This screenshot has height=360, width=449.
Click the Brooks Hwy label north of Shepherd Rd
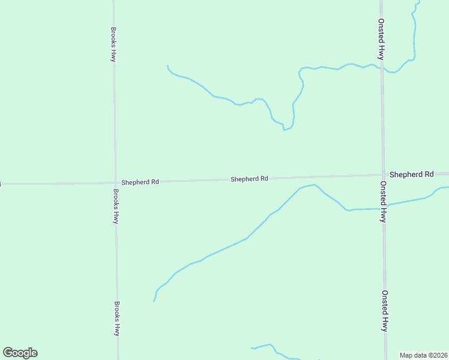pyautogui.click(x=113, y=44)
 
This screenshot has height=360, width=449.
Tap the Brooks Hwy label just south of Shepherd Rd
pyautogui.click(x=115, y=206)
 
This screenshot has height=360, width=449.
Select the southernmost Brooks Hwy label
pyautogui.click(x=118, y=318)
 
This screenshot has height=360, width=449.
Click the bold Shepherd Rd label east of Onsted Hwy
pyautogui.click(x=411, y=174)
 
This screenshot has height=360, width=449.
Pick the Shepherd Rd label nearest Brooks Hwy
pyautogui.click(x=140, y=182)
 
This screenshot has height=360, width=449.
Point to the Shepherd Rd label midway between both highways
pyautogui.click(x=249, y=179)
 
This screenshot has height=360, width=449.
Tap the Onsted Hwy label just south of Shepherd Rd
pyautogui.click(x=382, y=202)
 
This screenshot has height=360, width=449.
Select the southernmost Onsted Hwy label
pyautogui.click(x=384, y=311)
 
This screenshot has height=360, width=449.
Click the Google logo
pyautogui.click(x=20, y=353)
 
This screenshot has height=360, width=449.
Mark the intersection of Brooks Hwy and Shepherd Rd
pyautogui.click(x=115, y=183)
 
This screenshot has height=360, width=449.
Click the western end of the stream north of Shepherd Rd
pyautogui.click(x=167, y=65)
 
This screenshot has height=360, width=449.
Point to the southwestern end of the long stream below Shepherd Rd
pyautogui.click(x=154, y=301)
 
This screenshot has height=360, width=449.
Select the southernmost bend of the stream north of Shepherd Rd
pyautogui.click(x=284, y=130)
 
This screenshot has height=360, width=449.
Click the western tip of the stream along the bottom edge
pyautogui.click(x=251, y=349)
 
